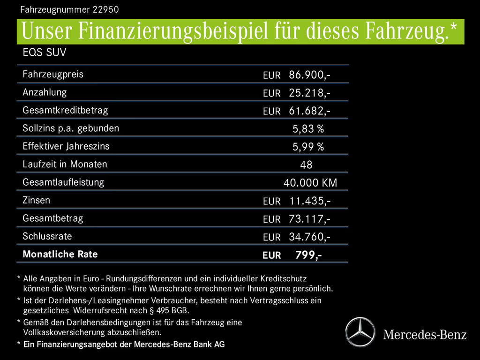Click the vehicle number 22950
(103, 8)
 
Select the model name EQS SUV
(45, 52)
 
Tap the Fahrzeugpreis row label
(53, 74)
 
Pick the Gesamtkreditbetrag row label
(65, 110)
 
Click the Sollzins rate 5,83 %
(308, 129)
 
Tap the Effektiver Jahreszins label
(66, 146)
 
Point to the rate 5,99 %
(308, 147)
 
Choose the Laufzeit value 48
(306, 165)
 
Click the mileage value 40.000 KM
(310, 183)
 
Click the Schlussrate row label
(47, 236)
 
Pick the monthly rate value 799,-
(308, 255)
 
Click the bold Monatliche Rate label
(60, 254)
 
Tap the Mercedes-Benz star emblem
(360, 332)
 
